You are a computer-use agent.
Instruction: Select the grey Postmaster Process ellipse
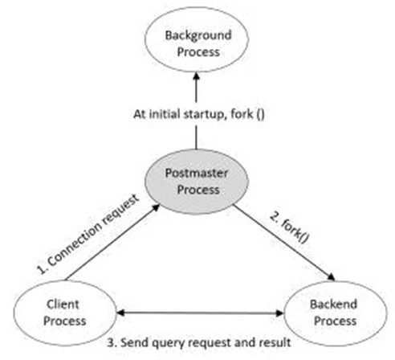pyautogui.click(x=197, y=182)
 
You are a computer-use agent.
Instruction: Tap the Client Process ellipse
pyautogui.click(x=65, y=313)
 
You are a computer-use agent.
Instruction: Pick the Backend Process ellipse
pyautogui.click(x=336, y=313)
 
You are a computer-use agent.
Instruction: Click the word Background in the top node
pyautogui.click(x=198, y=35)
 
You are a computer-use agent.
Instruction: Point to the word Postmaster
pyautogui.click(x=197, y=173)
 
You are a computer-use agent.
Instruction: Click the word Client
pyautogui.click(x=63, y=305)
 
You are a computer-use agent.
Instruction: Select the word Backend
pyautogui.click(x=333, y=305)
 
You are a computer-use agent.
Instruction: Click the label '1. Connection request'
pyautogui.click(x=88, y=234)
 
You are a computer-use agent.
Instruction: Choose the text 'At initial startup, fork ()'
pyautogui.click(x=199, y=114)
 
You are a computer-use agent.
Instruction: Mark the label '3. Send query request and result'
pyautogui.click(x=199, y=342)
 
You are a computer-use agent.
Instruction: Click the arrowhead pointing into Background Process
pyautogui.click(x=197, y=76)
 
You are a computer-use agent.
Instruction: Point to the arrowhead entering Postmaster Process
pyautogui.click(x=156, y=207)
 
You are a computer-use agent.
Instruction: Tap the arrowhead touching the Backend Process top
pyautogui.click(x=332, y=277)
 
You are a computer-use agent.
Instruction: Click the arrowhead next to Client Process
pyautogui.click(x=120, y=313)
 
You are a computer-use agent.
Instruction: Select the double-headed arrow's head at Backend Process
pyautogui.click(x=280, y=313)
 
